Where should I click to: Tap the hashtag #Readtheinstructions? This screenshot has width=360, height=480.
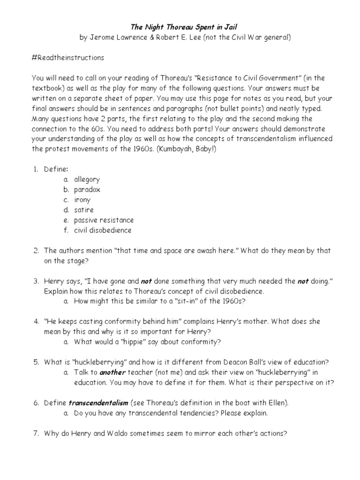tap(67, 58)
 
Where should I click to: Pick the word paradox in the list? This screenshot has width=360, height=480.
tap(87, 189)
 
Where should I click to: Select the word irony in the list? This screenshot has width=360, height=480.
tap(82, 200)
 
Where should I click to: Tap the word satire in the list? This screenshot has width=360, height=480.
tap(84, 210)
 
